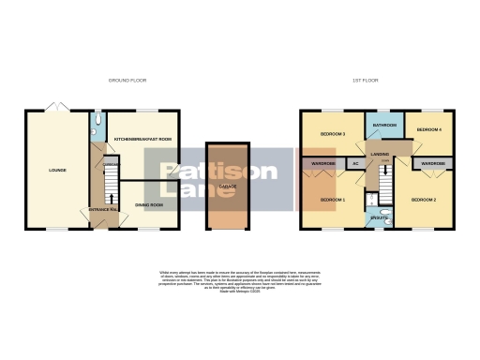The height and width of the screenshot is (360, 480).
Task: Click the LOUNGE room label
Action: click(58, 170)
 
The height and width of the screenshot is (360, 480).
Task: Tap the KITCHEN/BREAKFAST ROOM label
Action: click(142, 139)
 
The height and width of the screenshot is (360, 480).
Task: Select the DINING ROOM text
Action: click(150, 204)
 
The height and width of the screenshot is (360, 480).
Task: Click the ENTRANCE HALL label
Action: click(102, 209)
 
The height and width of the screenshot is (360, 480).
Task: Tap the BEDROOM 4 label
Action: click(428, 129)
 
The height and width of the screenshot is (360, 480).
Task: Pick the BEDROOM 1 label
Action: click(333, 200)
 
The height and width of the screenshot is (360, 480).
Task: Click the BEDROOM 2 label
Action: click(423, 200)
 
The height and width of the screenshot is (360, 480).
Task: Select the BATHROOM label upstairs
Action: click(382, 125)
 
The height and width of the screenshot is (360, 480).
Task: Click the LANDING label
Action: click(380, 154)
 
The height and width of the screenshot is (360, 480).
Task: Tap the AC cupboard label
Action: click(354, 164)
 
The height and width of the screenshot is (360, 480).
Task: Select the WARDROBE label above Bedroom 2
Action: click(432, 164)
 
